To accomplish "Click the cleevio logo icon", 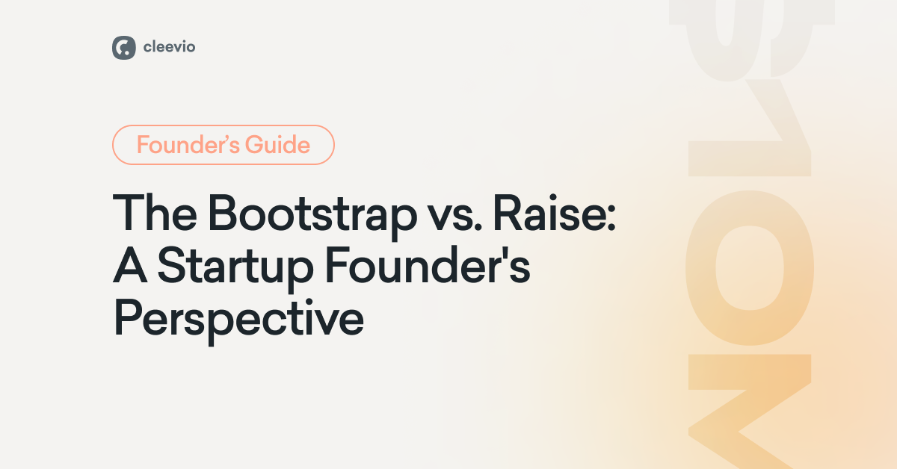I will point(123,47).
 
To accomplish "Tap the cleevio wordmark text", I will point(170,47).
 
